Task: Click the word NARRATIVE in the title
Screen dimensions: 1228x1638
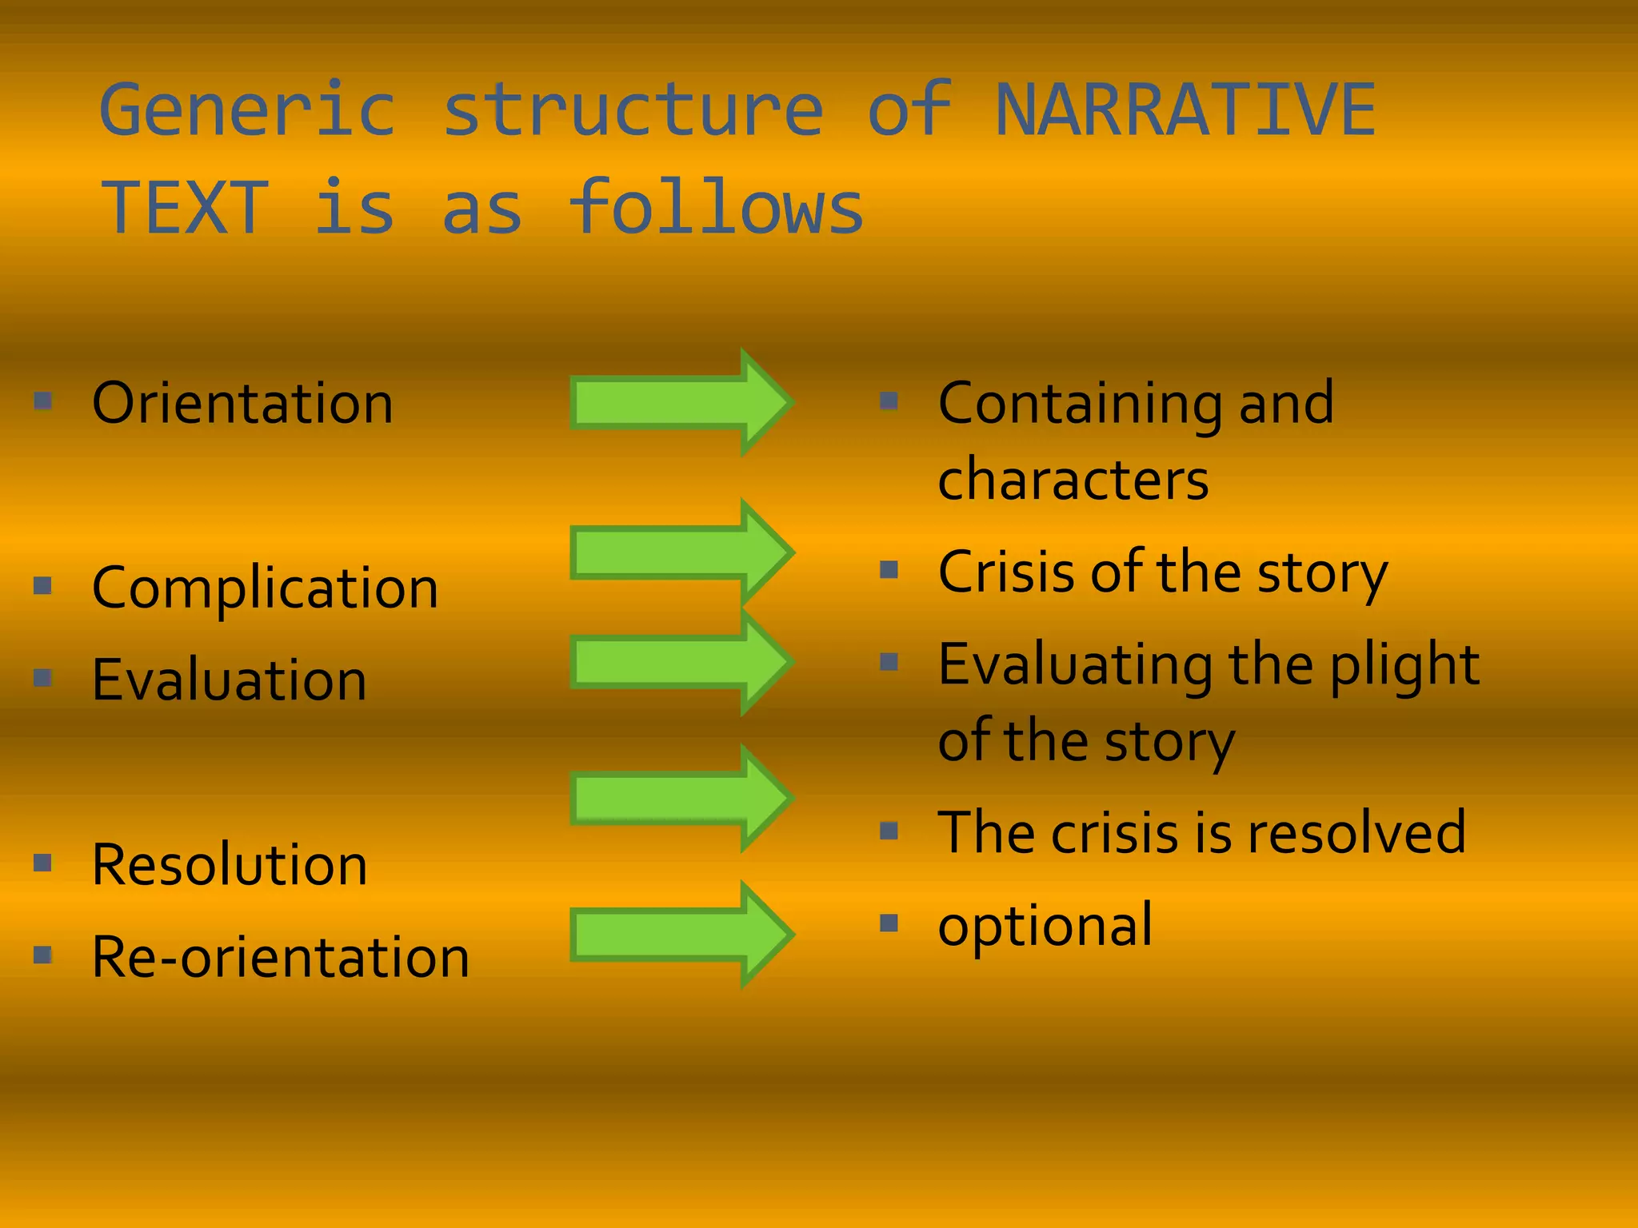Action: point(1185,110)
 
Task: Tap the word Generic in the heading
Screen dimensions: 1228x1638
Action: point(247,110)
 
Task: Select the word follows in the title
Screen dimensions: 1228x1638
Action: point(717,208)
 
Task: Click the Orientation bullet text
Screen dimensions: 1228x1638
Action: point(242,403)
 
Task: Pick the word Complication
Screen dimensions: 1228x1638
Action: point(265,588)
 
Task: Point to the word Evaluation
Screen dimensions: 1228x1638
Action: point(229,680)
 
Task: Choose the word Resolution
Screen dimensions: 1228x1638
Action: point(230,865)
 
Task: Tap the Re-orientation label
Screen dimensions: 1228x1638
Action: point(280,957)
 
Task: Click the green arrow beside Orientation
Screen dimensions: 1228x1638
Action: point(680,402)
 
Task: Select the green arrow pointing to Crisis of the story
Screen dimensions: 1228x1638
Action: point(680,552)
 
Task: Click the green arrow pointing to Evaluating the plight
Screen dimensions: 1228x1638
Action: point(680,662)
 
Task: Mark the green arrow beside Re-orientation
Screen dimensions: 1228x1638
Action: point(680,934)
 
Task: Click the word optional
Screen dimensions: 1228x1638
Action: point(1045,926)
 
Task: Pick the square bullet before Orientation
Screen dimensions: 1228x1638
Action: point(43,400)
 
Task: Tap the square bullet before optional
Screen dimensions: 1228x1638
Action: point(889,923)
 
